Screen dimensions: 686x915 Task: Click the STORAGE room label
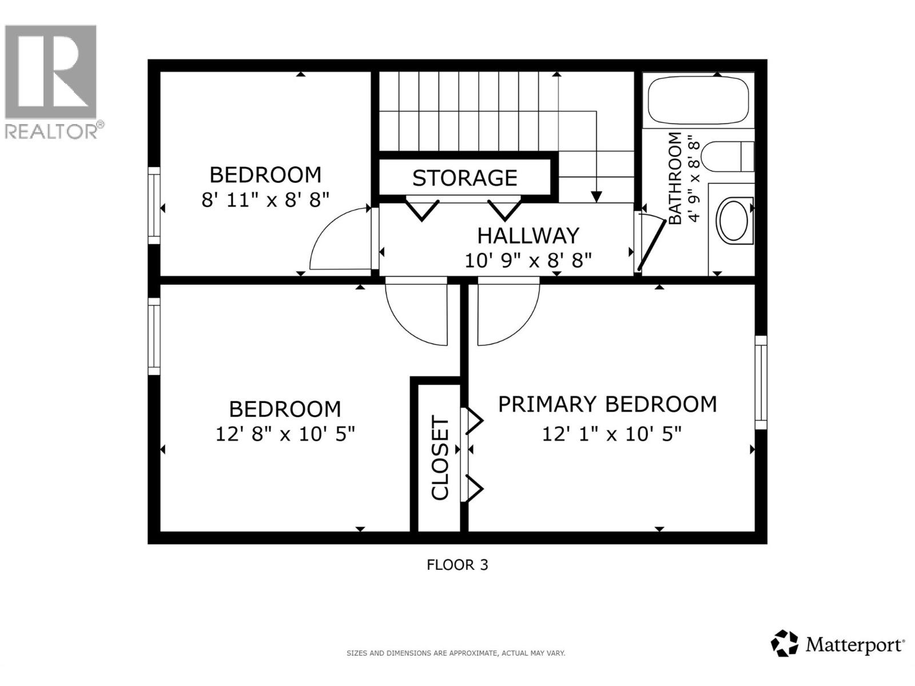click(464, 178)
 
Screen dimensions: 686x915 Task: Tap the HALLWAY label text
click(528, 236)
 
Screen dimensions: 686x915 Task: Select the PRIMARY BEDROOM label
click(607, 404)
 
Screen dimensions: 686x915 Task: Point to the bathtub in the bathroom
click(698, 100)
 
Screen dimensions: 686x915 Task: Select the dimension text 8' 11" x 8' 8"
click(266, 200)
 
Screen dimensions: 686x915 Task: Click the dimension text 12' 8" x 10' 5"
click(285, 434)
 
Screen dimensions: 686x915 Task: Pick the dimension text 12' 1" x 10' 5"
click(611, 434)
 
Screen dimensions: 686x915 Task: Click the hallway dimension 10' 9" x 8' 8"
click(527, 261)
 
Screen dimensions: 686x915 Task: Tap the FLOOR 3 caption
click(457, 565)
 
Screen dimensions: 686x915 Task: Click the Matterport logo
click(838, 645)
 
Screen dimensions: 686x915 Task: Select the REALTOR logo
click(51, 80)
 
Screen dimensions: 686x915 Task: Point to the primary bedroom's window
click(761, 382)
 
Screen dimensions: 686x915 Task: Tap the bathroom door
click(651, 243)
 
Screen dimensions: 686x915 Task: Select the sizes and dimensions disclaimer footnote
click(455, 653)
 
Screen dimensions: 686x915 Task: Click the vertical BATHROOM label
click(675, 178)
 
